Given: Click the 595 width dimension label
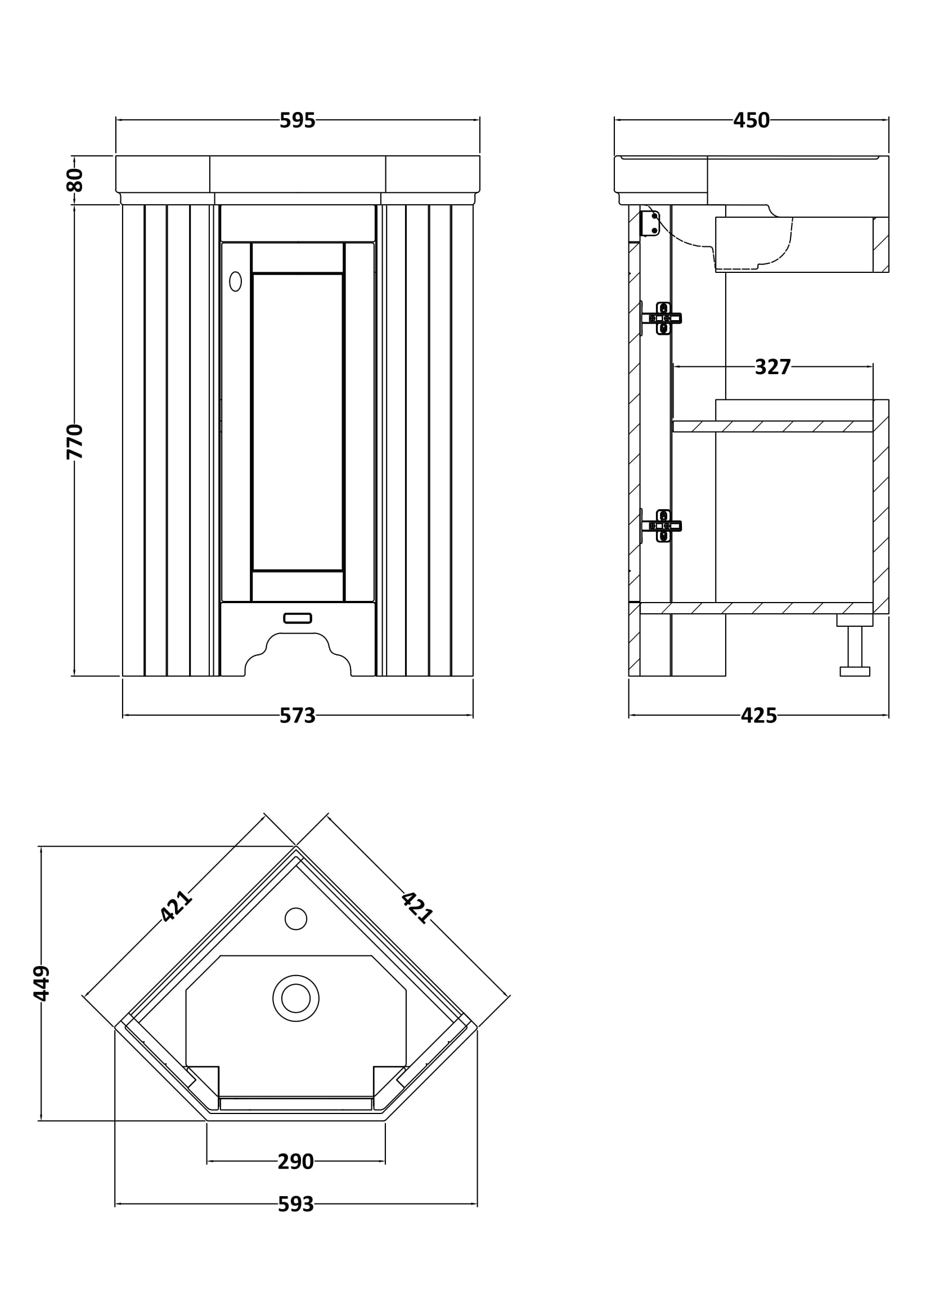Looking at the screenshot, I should (x=298, y=120).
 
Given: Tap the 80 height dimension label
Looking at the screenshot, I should (x=74, y=180).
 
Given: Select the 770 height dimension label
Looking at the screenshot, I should (x=74, y=441).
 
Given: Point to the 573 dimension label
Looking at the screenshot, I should (x=298, y=716).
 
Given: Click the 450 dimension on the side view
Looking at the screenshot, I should (x=751, y=120).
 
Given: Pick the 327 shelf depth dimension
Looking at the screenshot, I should (x=772, y=367).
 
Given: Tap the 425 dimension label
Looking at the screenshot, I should (x=758, y=716).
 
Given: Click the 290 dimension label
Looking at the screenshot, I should (x=296, y=1162).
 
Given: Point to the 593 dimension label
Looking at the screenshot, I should (x=296, y=1205).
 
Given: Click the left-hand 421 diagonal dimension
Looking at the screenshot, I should (x=176, y=906).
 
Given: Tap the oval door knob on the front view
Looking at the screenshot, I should (x=236, y=281).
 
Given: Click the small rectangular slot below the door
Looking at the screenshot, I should (x=298, y=618).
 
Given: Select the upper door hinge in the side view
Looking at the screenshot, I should (x=662, y=318).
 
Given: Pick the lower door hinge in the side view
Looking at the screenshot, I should (x=662, y=525).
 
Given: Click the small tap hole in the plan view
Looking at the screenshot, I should (x=296, y=919).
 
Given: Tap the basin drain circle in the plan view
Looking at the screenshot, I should (x=296, y=998).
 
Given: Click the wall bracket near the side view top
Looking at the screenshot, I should (x=650, y=223).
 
